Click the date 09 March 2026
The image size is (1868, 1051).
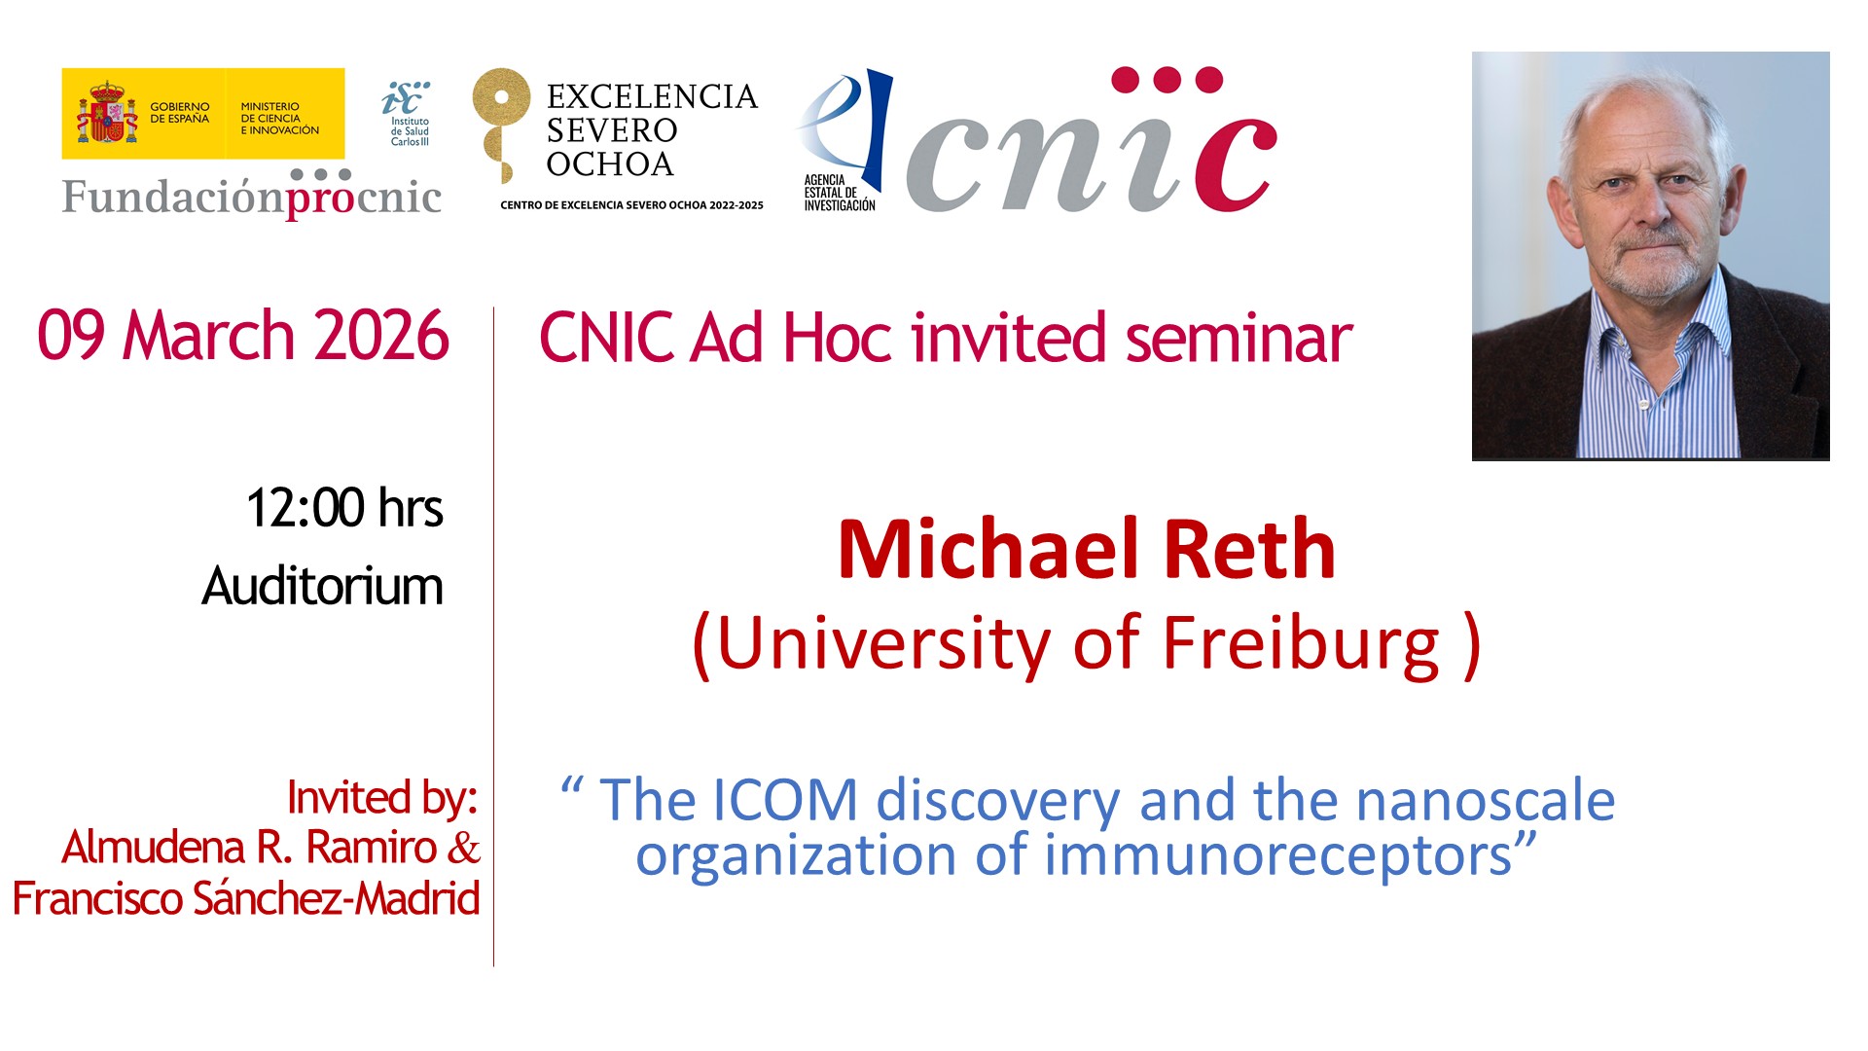coord(243,336)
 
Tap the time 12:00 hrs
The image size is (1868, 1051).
coord(344,508)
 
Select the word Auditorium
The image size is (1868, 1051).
coord(322,586)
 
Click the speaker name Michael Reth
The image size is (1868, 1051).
coord(1086,549)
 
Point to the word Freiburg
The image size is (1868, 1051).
coord(1301,644)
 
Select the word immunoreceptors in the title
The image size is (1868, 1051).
coord(1277,856)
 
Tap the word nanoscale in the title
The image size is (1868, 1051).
coord(1485,800)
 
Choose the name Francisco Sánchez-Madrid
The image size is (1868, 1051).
coord(246,897)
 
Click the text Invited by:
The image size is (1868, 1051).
coord(382,797)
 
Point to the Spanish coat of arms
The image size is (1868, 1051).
coord(107,113)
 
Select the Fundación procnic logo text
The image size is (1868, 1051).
coord(252,194)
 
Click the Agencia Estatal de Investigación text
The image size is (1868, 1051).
coord(840,193)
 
